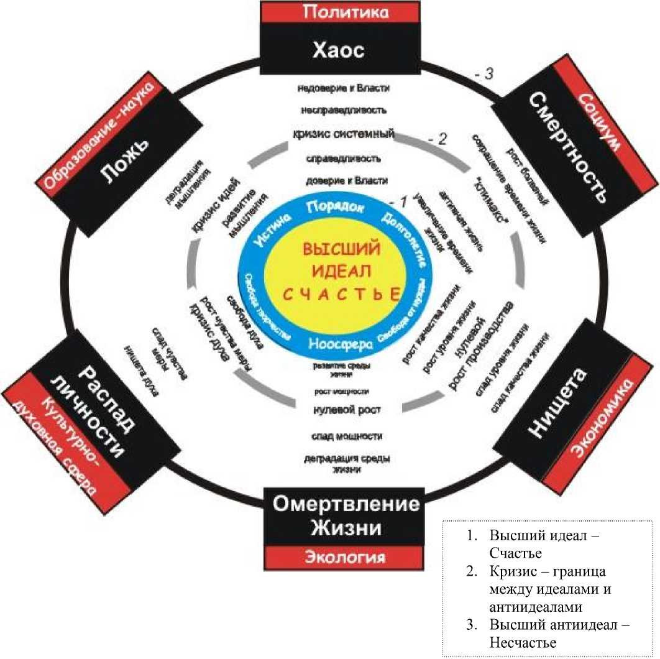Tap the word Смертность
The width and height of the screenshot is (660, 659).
point(567,148)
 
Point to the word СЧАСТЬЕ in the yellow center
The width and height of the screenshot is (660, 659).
point(341,293)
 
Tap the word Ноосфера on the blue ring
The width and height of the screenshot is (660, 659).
point(340,343)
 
